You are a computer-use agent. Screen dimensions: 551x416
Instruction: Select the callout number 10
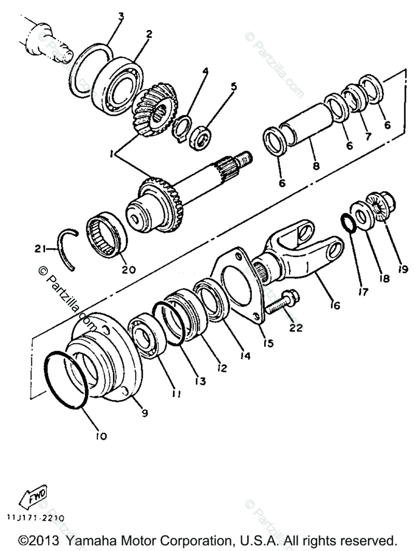pyautogui.click(x=101, y=436)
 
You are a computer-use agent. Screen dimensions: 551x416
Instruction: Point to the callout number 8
pyautogui.click(x=316, y=165)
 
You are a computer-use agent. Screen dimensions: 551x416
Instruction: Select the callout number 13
pyautogui.click(x=200, y=381)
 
